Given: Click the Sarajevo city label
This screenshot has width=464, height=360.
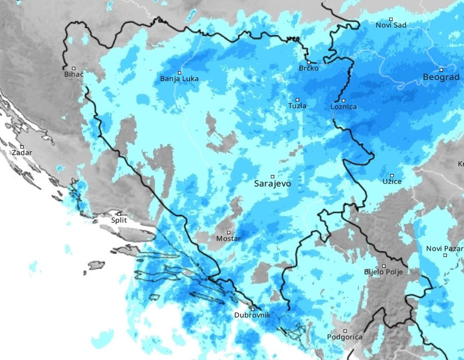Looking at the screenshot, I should pyautogui.click(x=272, y=184).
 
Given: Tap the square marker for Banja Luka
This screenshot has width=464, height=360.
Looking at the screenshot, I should pyautogui.click(x=179, y=72).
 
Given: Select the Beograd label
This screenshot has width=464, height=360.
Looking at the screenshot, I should pyautogui.click(x=441, y=77).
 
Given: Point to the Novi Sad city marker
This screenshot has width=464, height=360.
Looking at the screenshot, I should pyautogui.click(x=391, y=19).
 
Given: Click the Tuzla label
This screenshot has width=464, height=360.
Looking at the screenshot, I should pyautogui.click(x=297, y=106).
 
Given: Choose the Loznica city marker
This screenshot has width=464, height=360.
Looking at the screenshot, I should pyautogui.click(x=343, y=101).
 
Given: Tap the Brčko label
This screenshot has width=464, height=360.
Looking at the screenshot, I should pyautogui.click(x=309, y=68).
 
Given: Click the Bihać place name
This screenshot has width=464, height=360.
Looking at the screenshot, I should pyautogui.click(x=74, y=74).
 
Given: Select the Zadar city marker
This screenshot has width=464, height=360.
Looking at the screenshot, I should pyautogui.click(x=21, y=147).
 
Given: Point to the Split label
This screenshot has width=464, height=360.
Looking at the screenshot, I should pyautogui.click(x=119, y=221).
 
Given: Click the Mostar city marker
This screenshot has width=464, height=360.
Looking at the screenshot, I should pyautogui.click(x=228, y=232).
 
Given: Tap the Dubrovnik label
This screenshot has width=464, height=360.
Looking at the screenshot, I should pyautogui.click(x=252, y=315).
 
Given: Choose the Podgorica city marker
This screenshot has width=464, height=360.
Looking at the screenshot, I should pyautogui.click(x=345, y=331).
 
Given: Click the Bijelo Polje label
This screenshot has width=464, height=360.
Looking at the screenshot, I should pyautogui.click(x=383, y=272).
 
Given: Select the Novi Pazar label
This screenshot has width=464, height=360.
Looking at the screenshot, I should pyautogui.click(x=444, y=249).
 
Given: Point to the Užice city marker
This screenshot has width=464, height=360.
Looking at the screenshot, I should pyautogui.click(x=392, y=175).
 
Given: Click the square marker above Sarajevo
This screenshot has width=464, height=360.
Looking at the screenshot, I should pyautogui.click(x=272, y=176).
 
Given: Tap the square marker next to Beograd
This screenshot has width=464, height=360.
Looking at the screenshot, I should pyautogui.click(x=441, y=70).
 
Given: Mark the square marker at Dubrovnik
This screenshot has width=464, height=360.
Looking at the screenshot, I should pyautogui.click(x=252, y=309).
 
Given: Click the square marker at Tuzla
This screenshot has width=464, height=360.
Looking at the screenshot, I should pyautogui.click(x=298, y=100).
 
